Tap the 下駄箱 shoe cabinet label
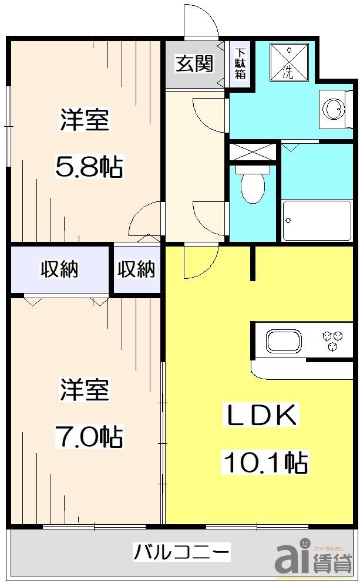pos(240,63)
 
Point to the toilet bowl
pos(252,185)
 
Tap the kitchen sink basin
pos(284,341)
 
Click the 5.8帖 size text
pos(88,168)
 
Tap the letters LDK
pos(261,416)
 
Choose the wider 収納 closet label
pos(59,269)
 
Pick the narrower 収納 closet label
pos(136,269)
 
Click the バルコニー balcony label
pos(181,552)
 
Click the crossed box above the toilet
pos(252,152)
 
